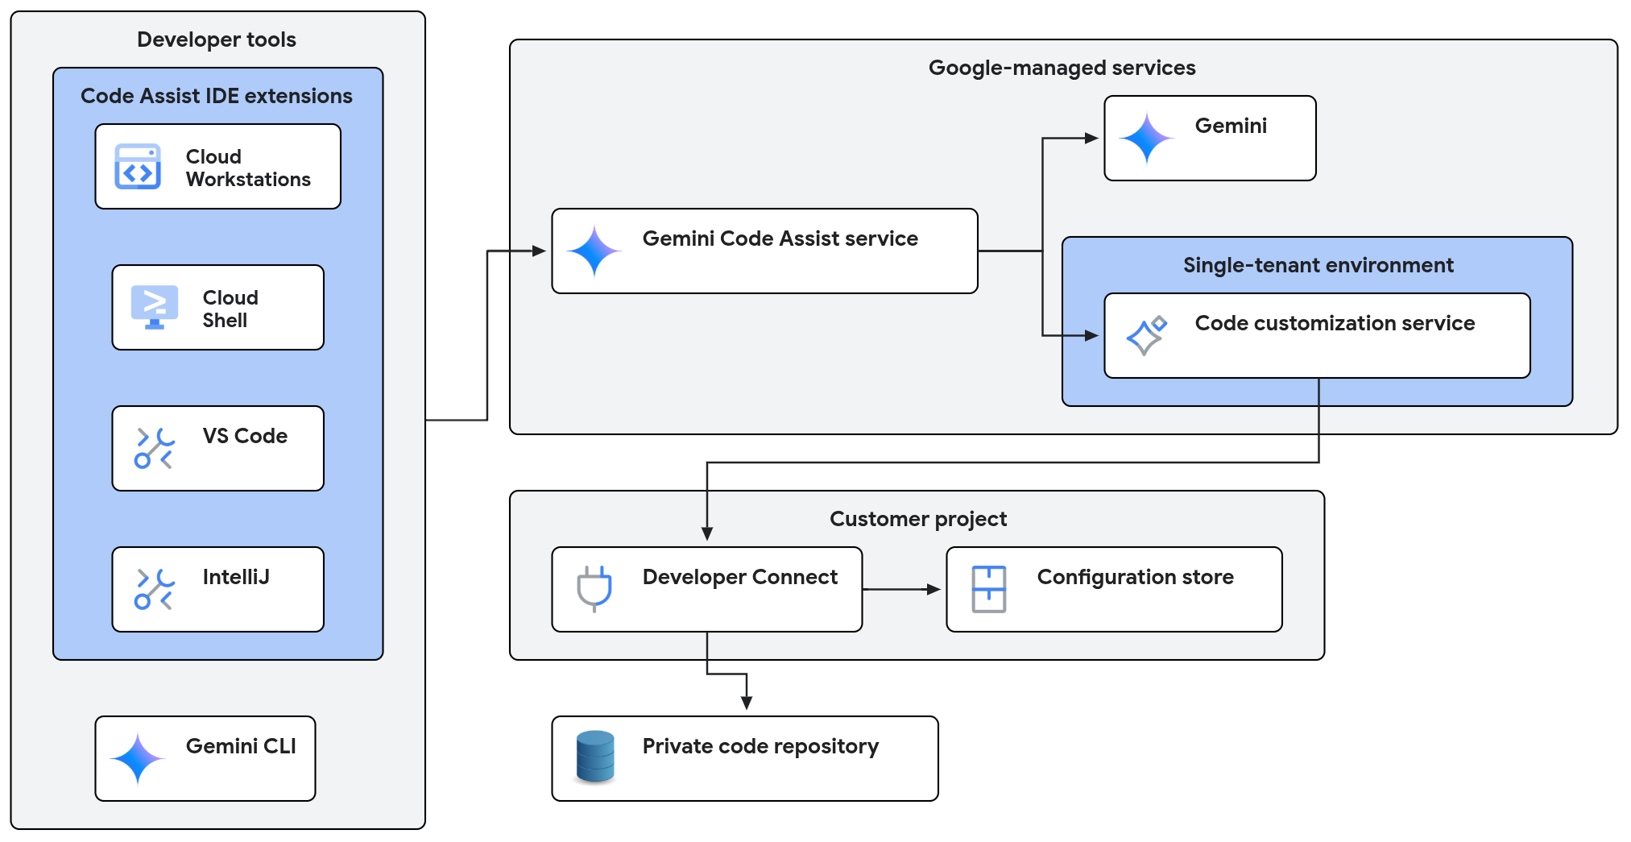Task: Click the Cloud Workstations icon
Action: [138, 167]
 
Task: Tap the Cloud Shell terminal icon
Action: [154, 307]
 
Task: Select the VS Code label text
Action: [245, 436]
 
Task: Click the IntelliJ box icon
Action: [154, 589]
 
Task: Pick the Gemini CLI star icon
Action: [138, 758]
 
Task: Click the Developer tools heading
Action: [216, 39]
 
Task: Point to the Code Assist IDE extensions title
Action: [216, 96]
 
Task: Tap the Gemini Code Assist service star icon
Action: [594, 251]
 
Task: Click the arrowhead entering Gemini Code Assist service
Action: [539, 251]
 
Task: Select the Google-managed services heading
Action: [1062, 68]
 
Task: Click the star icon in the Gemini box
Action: [1146, 139]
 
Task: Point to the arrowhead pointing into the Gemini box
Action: [1091, 139]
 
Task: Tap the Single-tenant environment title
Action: [1318, 265]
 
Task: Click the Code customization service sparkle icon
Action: [1146, 335]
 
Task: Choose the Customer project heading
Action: [917, 519]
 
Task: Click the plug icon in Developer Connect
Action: [594, 588]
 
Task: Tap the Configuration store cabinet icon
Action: [988, 589]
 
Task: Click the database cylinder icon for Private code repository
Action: [595, 757]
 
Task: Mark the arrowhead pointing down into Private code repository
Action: [747, 703]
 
